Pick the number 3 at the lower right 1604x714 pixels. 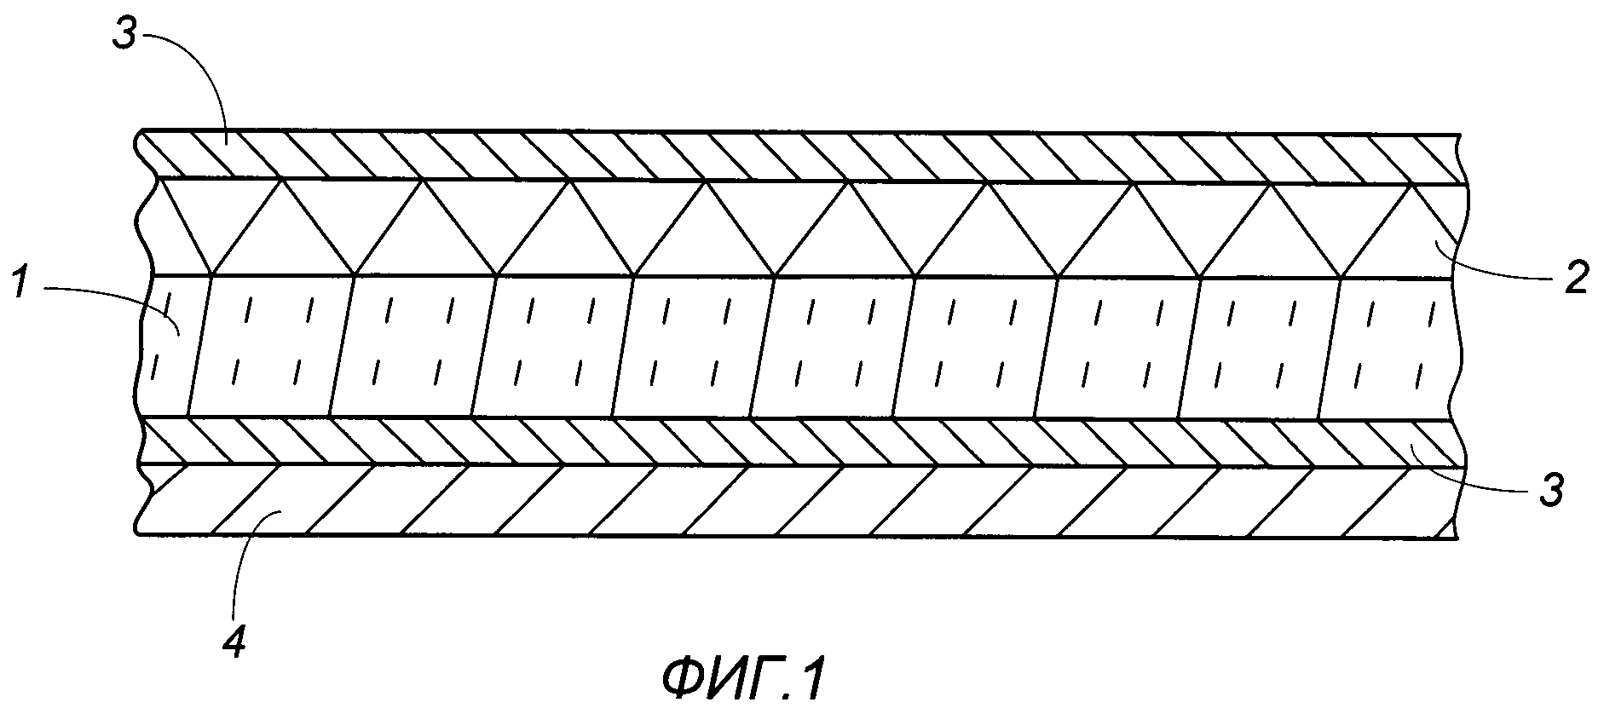point(1552,491)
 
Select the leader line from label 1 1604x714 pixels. point(111,294)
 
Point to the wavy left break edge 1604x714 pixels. point(143,341)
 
